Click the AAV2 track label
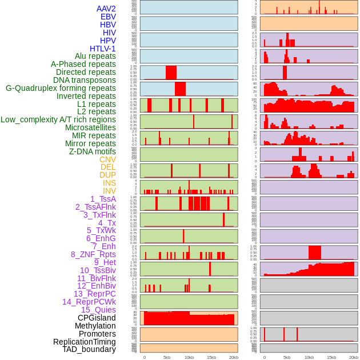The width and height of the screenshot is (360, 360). [x=106, y=9]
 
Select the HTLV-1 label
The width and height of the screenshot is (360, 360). [x=103, y=49]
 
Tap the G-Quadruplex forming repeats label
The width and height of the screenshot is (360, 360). [x=61, y=88]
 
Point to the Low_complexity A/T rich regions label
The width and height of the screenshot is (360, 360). [x=58, y=119]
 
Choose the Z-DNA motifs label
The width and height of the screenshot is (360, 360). [x=93, y=151]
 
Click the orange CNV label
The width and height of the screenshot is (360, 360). [x=107, y=159]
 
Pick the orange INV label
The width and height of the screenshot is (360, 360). [x=109, y=191]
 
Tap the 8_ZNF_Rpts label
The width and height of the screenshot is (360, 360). [x=93, y=254]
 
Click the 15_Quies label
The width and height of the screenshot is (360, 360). [x=98, y=310]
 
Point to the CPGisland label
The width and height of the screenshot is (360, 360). [x=97, y=318]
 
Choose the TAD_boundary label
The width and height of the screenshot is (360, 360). [x=89, y=349]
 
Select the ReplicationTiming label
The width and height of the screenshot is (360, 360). [x=85, y=342]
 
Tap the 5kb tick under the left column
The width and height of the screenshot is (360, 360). [x=167, y=357]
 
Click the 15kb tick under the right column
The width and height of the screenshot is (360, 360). [x=331, y=357]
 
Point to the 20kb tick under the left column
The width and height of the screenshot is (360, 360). [x=233, y=357]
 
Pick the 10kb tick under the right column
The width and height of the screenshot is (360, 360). [x=309, y=357]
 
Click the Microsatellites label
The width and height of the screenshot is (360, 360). [x=90, y=127]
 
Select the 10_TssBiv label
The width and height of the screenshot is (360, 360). [x=98, y=270]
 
